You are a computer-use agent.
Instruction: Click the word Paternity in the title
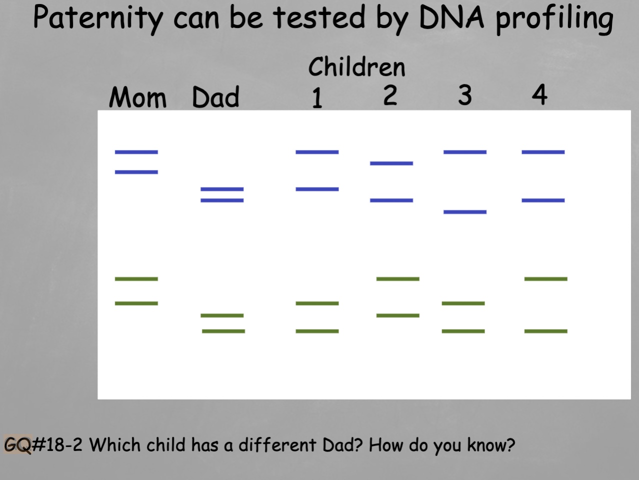(97, 18)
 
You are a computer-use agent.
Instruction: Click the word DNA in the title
(451, 18)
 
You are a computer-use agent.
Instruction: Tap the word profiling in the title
(554, 19)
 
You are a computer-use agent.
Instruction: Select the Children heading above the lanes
(356, 67)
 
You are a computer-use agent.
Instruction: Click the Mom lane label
(137, 97)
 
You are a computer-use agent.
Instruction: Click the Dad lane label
(215, 97)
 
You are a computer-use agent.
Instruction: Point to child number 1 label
(317, 97)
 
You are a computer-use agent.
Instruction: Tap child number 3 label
(464, 94)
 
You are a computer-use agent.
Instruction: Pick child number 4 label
(539, 94)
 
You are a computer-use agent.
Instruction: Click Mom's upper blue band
(136, 152)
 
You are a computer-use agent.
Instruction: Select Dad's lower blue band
(222, 200)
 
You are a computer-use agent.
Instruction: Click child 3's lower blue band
(464, 212)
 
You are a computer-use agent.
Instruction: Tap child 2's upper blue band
(391, 163)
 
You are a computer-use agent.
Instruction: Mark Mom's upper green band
(136, 279)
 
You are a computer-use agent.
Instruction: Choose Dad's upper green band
(222, 315)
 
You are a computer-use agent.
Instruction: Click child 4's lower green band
(545, 331)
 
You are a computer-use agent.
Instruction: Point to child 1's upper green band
(317, 303)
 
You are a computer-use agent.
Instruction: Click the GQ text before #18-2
(17, 444)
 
